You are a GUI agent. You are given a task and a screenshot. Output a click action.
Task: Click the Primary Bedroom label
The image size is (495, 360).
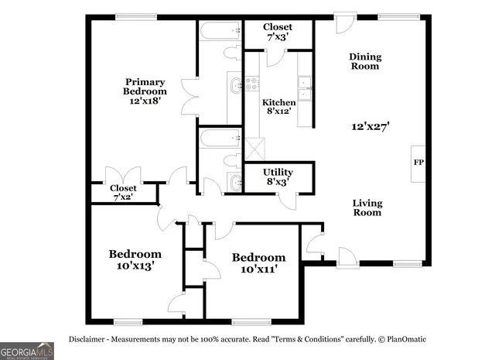click(x=145, y=85)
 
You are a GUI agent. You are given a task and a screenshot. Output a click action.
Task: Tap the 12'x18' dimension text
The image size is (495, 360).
click(x=145, y=101)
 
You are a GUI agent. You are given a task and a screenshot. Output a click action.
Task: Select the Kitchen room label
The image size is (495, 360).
click(x=278, y=103)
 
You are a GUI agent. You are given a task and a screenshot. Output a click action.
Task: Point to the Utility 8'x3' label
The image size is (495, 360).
click(x=277, y=177)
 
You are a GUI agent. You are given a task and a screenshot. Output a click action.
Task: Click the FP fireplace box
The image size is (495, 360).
click(x=418, y=163)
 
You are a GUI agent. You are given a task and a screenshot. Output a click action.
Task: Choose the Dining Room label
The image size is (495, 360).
click(x=364, y=61)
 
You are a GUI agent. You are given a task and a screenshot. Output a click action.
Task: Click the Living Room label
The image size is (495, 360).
click(x=367, y=207)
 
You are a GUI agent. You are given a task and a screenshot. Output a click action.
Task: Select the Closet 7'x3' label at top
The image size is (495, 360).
click(x=277, y=32)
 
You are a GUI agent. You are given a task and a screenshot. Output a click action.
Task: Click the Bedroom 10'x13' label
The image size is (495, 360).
click(x=135, y=259)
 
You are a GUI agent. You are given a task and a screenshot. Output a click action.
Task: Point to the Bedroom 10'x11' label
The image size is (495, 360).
click(x=258, y=262)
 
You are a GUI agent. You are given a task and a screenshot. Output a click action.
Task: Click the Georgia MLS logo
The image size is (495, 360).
click(x=27, y=351)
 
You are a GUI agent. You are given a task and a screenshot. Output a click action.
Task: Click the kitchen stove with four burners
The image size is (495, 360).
click(x=252, y=83)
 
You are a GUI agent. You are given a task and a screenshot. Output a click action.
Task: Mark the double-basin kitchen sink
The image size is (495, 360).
click(x=305, y=89)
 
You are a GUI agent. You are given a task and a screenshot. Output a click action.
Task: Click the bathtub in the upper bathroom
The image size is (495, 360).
click(x=220, y=33)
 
